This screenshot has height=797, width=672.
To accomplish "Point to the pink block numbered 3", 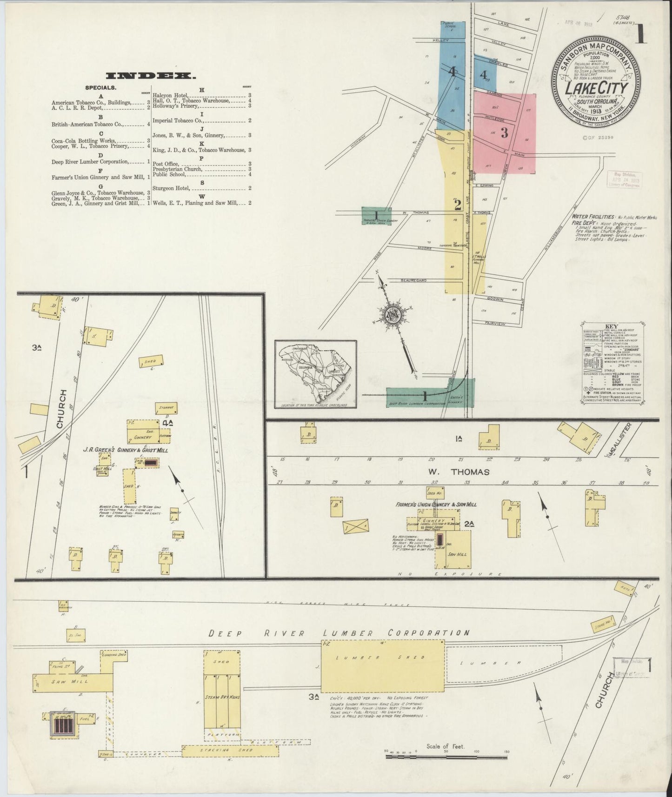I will click(x=504, y=133).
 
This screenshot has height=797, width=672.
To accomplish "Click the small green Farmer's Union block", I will click(x=376, y=217).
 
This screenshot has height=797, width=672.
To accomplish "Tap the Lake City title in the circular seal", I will click(x=596, y=88).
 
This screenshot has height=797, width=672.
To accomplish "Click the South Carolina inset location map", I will click(x=315, y=375).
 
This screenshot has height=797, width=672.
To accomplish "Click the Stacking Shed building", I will click(x=230, y=763).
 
